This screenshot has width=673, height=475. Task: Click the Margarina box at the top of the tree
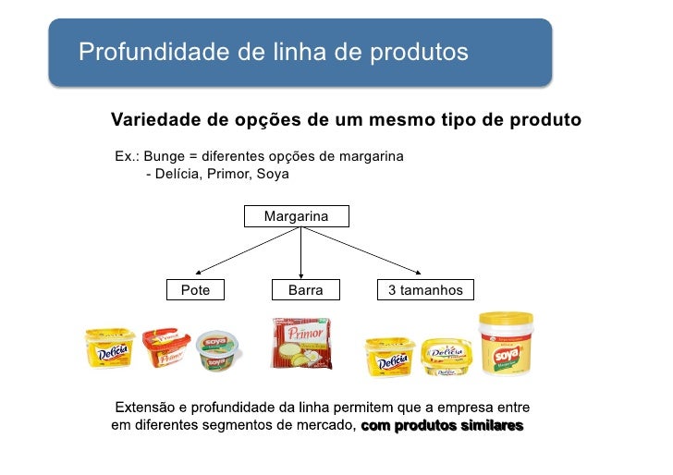(x=297, y=216)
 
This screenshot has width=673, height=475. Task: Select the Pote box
(x=195, y=290)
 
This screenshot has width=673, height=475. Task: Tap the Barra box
(x=305, y=290)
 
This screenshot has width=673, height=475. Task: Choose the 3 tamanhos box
(x=425, y=290)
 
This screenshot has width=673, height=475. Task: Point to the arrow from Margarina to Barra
(x=301, y=251)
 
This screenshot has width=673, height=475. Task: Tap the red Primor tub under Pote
(x=165, y=347)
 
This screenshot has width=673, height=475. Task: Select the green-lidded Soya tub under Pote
(x=219, y=350)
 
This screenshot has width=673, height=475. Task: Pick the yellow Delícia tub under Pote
(x=110, y=348)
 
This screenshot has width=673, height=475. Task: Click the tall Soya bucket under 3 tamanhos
(x=505, y=343)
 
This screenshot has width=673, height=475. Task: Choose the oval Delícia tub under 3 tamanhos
(x=447, y=357)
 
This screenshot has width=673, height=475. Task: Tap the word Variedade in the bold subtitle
(x=153, y=120)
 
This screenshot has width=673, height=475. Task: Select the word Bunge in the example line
(x=166, y=156)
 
